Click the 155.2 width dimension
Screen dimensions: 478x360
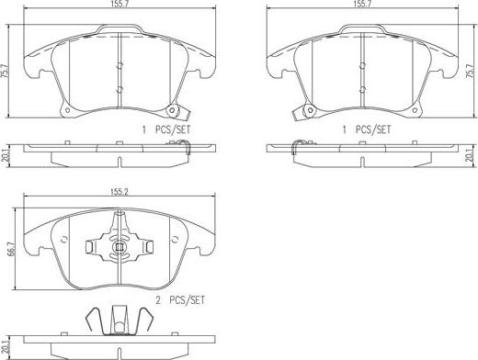click(x=119, y=192)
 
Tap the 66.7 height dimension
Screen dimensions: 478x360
click(x=13, y=249)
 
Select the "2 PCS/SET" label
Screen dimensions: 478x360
click(x=180, y=300)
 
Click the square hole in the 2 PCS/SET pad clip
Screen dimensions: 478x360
click(x=119, y=246)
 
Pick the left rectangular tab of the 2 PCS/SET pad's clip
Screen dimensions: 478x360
click(x=89, y=247)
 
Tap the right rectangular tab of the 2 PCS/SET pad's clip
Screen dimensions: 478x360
click(x=149, y=247)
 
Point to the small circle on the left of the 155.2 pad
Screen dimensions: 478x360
click(x=64, y=240)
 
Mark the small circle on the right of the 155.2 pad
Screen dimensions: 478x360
click(x=176, y=240)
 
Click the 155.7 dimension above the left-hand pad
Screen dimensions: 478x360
click(x=119, y=4)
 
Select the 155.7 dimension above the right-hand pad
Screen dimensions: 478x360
click(x=362, y=4)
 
